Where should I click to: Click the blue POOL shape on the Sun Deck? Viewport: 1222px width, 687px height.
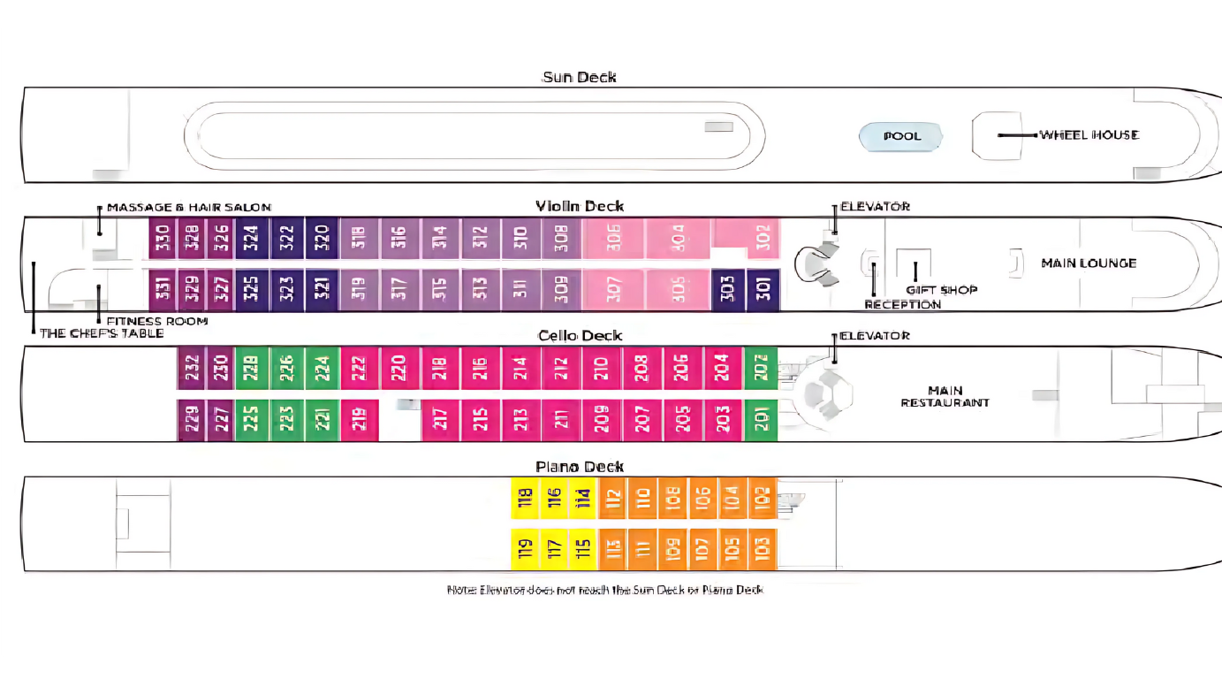(901, 136)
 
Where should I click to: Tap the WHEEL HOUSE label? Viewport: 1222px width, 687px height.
(1089, 135)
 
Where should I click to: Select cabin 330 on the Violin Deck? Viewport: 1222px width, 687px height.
(163, 238)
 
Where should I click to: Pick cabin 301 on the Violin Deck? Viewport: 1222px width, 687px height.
(763, 290)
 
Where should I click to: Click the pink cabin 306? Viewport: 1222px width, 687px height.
(614, 238)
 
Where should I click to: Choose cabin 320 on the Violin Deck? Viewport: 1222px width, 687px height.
(322, 238)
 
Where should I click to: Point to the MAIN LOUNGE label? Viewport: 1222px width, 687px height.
(1089, 263)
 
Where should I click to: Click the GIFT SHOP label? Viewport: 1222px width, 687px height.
(941, 290)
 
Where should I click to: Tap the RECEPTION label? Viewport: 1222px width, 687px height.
(902, 305)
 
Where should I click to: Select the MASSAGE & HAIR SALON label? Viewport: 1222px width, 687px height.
(189, 208)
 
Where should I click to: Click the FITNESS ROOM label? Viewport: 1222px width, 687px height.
(156, 321)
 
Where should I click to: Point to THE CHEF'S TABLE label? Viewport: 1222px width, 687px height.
(102, 333)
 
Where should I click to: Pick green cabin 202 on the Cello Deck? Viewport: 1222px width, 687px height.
(761, 368)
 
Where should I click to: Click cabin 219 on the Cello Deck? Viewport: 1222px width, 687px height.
(360, 420)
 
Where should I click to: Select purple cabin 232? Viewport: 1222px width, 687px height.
(192, 368)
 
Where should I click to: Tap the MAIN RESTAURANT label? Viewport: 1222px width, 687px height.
(945, 396)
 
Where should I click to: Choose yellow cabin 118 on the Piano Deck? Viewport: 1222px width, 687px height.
(526, 499)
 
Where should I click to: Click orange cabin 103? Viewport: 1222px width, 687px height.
(763, 549)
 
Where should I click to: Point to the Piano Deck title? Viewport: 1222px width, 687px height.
(580, 467)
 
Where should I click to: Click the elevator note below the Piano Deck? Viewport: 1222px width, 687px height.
(604, 590)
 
